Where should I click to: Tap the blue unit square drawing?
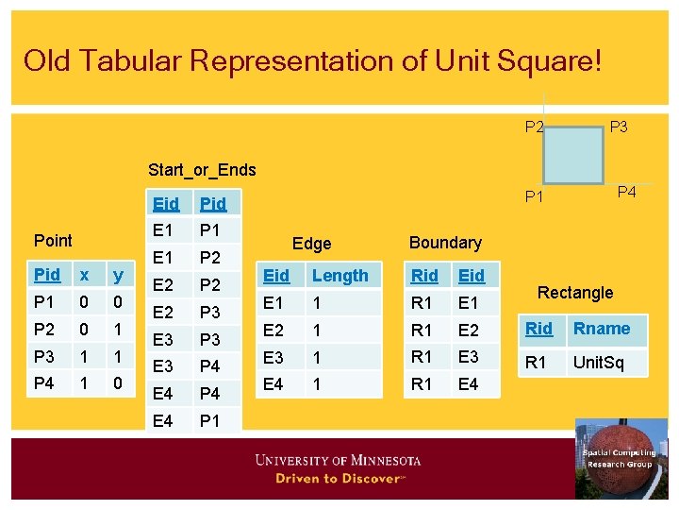pyautogui.click(x=573, y=154)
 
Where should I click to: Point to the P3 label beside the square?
pyautogui.click(x=619, y=127)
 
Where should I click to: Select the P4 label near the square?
pyautogui.click(x=627, y=193)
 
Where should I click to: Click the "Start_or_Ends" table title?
pyautogui.click(x=202, y=170)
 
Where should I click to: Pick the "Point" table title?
pyautogui.click(x=53, y=240)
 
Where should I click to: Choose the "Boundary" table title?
pyautogui.click(x=445, y=243)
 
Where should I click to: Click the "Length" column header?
pyautogui.click(x=339, y=276)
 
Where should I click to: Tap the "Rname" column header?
pyautogui.click(x=602, y=329)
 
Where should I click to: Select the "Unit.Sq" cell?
pyautogui.click(x=599, y=362)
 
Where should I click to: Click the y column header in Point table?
pyautogui.click(x=118, y=275)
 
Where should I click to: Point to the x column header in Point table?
pyautogui.click(x=85, y=275)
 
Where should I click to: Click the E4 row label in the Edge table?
pyautogui.click(x=273, y=383)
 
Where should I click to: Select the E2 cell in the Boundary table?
pyautogui.click(x=469, y=330)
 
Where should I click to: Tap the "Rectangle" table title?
pyautogui.click(x=575, y=293)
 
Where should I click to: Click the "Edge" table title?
pyautogui.click(x=311, y=244)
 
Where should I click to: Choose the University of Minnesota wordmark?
pyautogui.click(x=338, y=461)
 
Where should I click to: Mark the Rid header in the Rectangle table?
pyautogui.click(x=539, y=329)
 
